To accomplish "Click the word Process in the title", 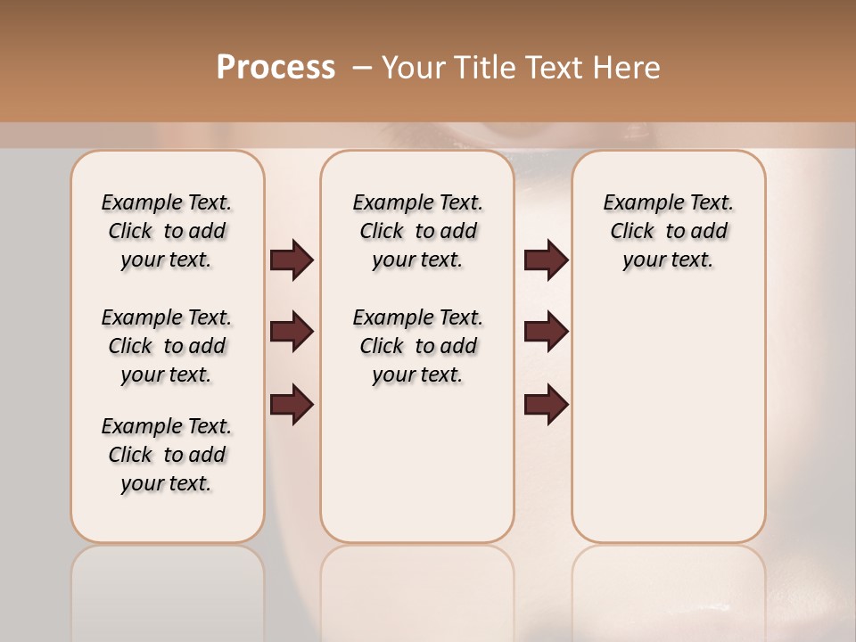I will click(x=276, y=68).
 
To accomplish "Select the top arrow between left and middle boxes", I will click(x=292, y=260).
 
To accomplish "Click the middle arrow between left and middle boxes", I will click(x=292, y=332).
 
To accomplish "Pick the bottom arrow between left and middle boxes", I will click(x=292, y=404).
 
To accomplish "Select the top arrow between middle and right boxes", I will click(x=546, y=260).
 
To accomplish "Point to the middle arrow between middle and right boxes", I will click(x=546, y=332).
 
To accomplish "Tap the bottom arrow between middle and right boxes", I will click(x=546, y=404).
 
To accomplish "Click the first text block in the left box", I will click(x=167, y=231).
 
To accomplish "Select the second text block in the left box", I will click(x=167, y=346).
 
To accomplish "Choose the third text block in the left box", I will click(x=167, y=455).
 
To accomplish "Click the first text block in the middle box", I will click(x=417, y=231).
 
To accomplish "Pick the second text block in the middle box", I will click(x=417, y=346).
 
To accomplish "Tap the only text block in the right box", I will click(x=668, y=231).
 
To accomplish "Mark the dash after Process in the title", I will click(x=361, y=68).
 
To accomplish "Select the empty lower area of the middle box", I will click(x=417, y=464).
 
